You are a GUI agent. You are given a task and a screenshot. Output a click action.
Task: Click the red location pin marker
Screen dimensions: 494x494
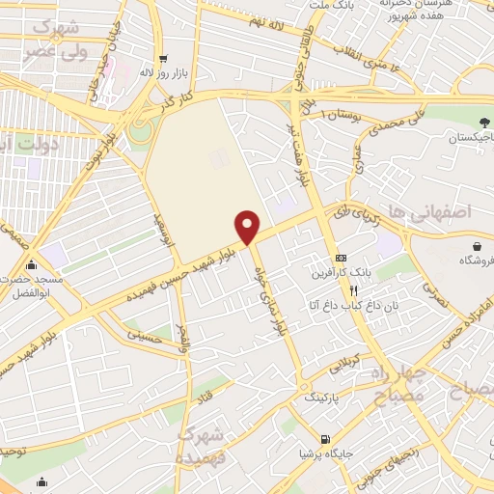[248, 227]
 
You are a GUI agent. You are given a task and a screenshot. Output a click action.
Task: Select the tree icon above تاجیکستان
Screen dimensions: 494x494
[482, 123]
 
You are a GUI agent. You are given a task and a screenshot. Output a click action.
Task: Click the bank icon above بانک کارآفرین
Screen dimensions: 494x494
[340, 259]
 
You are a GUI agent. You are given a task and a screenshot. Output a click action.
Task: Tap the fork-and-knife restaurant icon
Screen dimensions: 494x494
[354, 289]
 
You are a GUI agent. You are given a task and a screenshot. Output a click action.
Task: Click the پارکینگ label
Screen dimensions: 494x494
[323, 397]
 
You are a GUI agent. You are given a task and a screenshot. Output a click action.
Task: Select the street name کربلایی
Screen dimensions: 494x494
[344, 364]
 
